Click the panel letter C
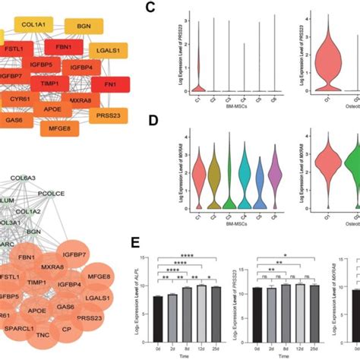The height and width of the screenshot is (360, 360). coord(150,10)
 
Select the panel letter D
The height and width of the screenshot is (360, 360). coord(150,121)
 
